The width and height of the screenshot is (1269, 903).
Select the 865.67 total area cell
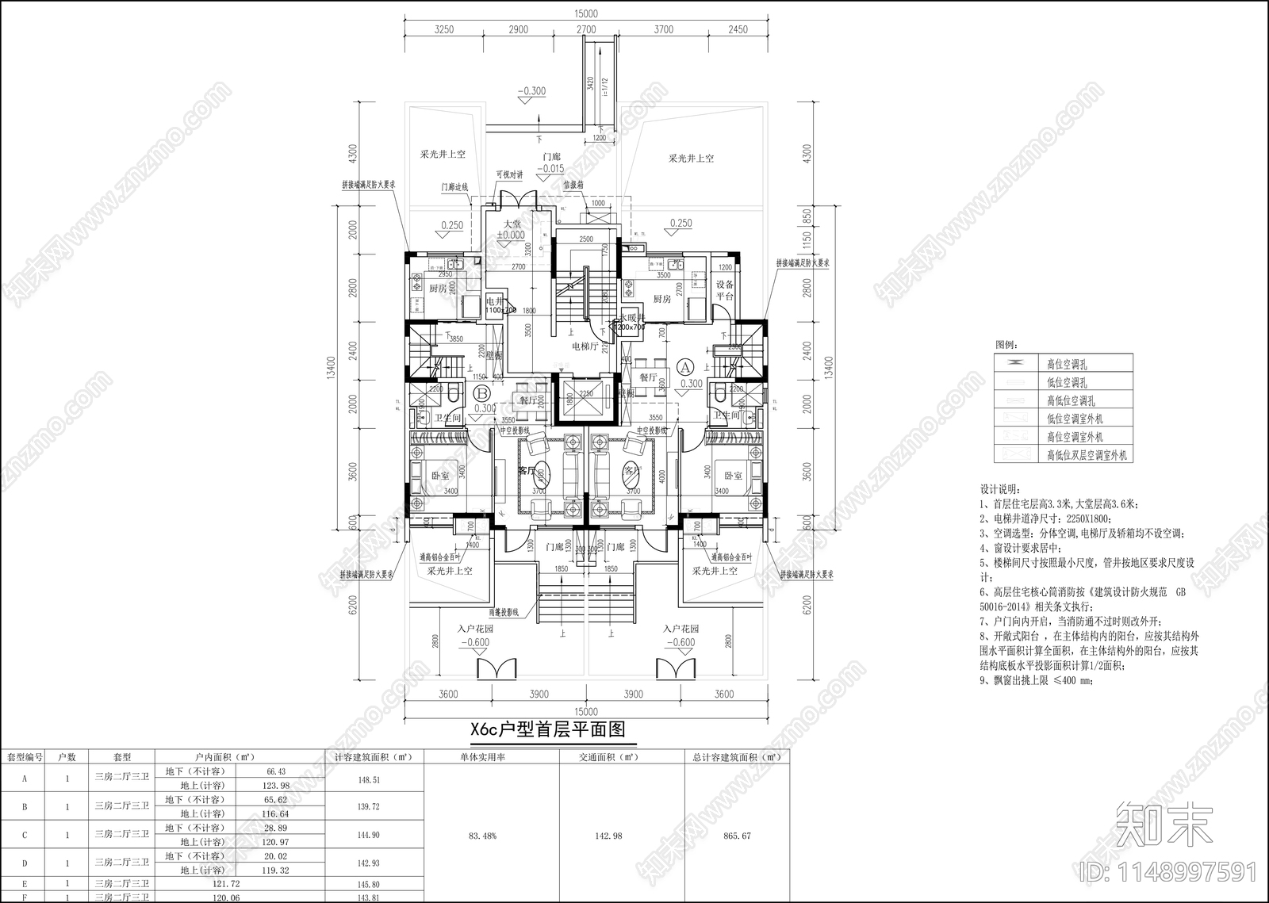737,836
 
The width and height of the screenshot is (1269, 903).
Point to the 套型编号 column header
25,757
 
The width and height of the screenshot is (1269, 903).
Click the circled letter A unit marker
686,367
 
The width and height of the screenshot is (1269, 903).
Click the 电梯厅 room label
585,346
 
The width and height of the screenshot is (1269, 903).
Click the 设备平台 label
725,290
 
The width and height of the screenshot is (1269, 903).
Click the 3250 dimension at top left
444,29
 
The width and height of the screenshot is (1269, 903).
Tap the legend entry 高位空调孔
1066,365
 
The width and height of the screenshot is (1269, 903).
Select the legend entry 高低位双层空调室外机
1087,456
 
